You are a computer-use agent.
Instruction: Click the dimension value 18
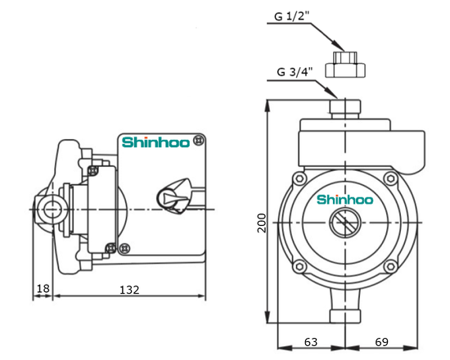(43, 290)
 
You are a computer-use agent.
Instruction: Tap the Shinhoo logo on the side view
(156, 142)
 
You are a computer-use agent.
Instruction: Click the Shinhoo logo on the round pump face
(344, 198)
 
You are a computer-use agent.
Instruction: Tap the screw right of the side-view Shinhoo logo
(202, 142)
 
